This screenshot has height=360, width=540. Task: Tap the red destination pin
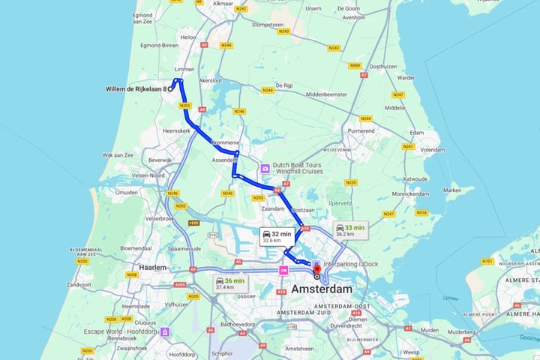[316, 269]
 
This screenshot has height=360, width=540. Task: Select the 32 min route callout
[275, 236]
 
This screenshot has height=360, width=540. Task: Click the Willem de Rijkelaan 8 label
[135, 88]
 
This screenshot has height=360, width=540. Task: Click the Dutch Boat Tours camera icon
[265, 169]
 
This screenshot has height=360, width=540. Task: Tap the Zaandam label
[274, 208]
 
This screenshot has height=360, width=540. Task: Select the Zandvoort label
[79, 285]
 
